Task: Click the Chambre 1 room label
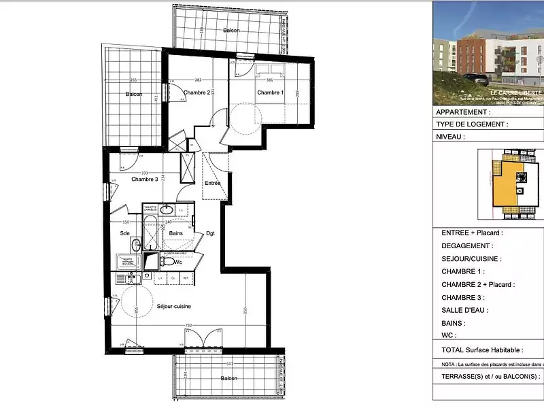pyautogui.click(x=270, y=92)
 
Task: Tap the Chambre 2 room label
pyautogui.click(x=197, y=92)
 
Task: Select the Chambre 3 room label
pyautogui.click(x=145, y=180)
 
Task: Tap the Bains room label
pyautogui.click(x=176, y=233)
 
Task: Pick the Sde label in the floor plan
pyautogui.click(x=125, y=233)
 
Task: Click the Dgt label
pyautogui.click(x=210, y=233)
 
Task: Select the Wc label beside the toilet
pyautogui.click(x=178, y=262)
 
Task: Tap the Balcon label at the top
pyautogui.click(x=232, y=31)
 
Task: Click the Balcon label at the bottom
pyautogui.click(x=228, y=378)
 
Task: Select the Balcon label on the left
pyautogui.click(x=133, y=95)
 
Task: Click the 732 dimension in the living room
pyautogui.click(x=188, y=326)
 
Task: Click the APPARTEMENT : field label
pyautogui.click(x=462, y=112)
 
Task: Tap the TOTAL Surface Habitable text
pyautogui.click(x=482, y=350)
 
